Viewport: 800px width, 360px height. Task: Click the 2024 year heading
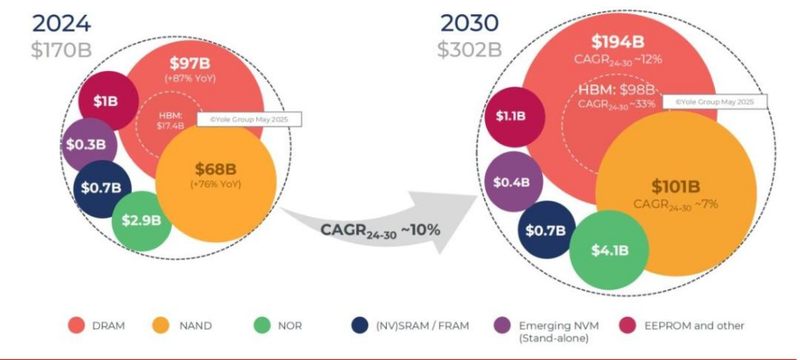[x=61, y=22]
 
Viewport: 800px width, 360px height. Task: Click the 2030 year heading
[x=469, y=22]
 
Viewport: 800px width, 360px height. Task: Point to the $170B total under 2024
[x=62, y=49]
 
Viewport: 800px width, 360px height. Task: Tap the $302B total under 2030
[x=469, y=49]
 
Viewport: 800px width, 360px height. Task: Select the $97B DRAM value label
[x=191, y=63]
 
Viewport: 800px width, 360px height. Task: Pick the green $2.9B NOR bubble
[x=141, y=220]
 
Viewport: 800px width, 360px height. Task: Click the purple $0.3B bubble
[x=89, y=145]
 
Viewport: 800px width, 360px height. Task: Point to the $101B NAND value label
[x=676, y=187]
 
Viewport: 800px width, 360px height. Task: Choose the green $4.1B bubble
[x=609, y=250]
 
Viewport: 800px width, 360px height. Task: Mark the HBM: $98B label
[x=616, y=88]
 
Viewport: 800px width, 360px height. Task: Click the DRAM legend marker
[x=77, y=326]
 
